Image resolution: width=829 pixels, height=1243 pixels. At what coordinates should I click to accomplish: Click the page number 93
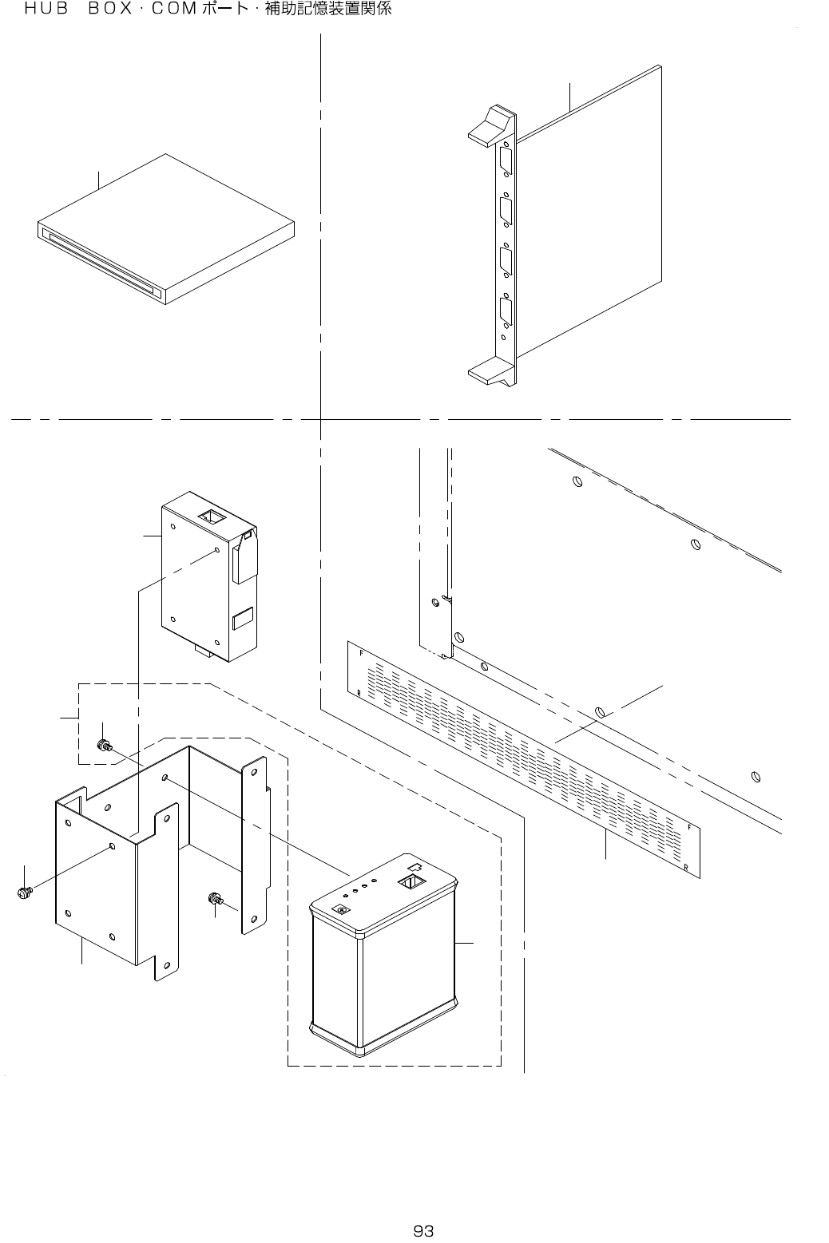422,1230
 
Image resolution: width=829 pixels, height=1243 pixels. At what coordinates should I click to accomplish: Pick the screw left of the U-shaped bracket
23,892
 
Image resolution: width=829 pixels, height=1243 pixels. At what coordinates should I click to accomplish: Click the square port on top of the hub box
411,883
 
